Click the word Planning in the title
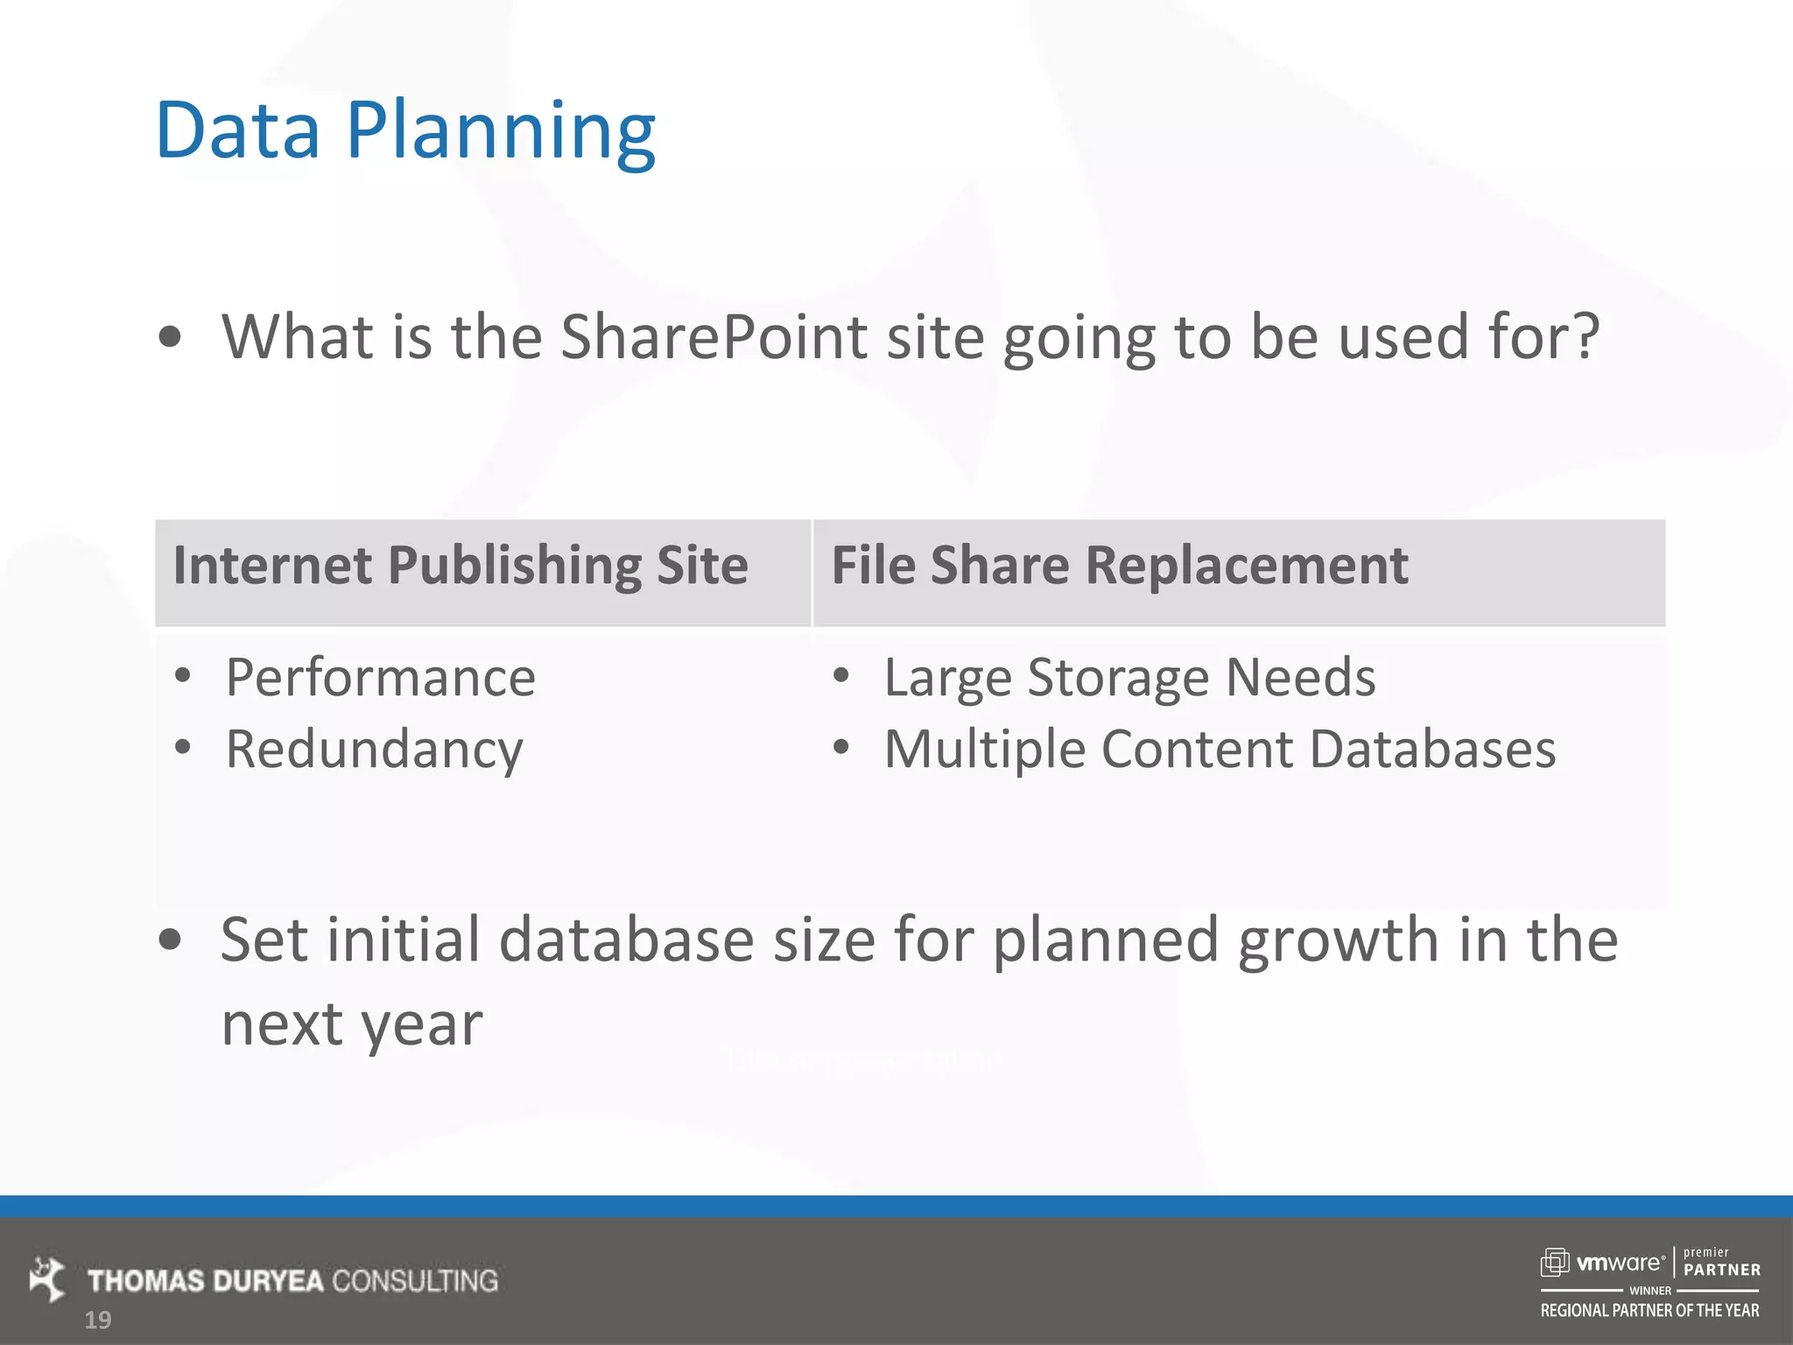pos(501,131)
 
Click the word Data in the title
pos(237,131)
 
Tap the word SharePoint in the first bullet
pos(714,337)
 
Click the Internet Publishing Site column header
pos(461,566)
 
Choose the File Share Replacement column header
pos(1119,566)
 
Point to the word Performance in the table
pos(380,678)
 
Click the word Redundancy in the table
pos(374,750)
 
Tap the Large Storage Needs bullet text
pos(1129,678)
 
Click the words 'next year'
pos(351,1025)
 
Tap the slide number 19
pos(98,1320)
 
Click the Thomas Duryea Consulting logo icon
pos(47,1279)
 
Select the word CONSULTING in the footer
pos(415,1281)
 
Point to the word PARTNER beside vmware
pos(1721,1270)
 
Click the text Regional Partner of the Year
pos(1649,1311)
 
